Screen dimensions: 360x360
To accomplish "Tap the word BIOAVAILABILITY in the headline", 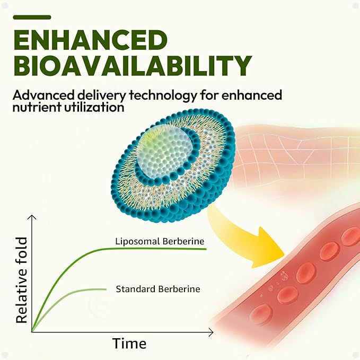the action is tap(133, 65).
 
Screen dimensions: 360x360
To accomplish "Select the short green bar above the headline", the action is tap(32, 17).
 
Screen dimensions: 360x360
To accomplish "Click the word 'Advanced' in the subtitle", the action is tap(43, 95).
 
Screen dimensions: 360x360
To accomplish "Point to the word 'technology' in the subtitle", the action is tap(163, 95).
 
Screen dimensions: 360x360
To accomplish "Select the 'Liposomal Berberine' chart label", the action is tap(160, 241).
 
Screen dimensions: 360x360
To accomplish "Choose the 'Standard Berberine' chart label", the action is tap(158, 289).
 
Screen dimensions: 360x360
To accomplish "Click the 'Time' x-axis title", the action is tap(129, 344).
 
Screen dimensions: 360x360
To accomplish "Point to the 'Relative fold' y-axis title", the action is tap(22, 280).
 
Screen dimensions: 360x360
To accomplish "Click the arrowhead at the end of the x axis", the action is tap(212, 332).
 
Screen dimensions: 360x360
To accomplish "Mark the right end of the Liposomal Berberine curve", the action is tap(206, 249).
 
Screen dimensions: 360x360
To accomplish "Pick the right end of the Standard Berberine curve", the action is tap(106, 289).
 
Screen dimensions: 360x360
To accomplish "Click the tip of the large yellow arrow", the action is tap(285, 256).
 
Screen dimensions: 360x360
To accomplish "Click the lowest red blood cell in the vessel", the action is tap(261, 314).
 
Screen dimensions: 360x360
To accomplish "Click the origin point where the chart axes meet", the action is tap(32, 332).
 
